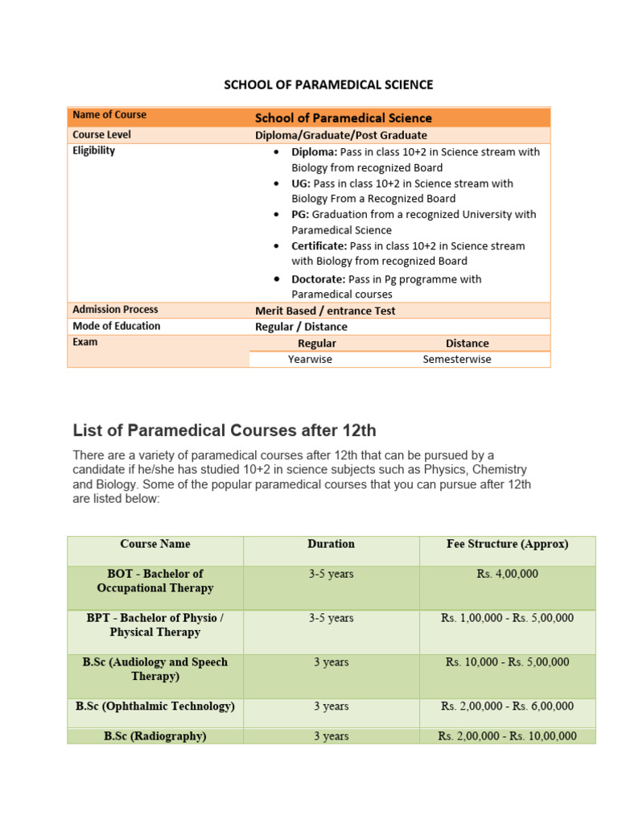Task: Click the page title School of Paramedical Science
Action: pyautogui.click(x=328, y=84)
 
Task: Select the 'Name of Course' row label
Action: pyautogui.click(x=109, y=115)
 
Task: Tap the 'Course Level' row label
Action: pyautogui.click(x=101, y=134)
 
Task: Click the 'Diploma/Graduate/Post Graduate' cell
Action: pyautogui.click(x=341, y=135)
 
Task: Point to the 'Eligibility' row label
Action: pyautogui.click(x=94, y=150)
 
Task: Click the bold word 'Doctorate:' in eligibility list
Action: pyautogui.click(x=318, y=279)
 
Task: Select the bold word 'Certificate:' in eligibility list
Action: pyautogui.click(x=319, y=245)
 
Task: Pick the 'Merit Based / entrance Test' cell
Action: pyautogui.click(x=325, y=311)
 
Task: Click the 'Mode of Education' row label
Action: pyautogui.click(x=117, y=326)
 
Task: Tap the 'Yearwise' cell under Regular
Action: pyautogui.click(x=310, y=360)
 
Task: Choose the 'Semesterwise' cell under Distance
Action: pyautogui.click(x=456, y=360)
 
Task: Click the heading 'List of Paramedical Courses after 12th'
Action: pyautogui.click(x=225, y=430)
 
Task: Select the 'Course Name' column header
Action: pyautogui.click(x=155, y=544)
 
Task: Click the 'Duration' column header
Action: pyautogui.click(x=331, y=544)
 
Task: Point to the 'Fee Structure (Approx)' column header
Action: pyautogui.click(x=507, y=544)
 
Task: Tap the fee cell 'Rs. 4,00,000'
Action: pyautogui.click(x=507, y=575)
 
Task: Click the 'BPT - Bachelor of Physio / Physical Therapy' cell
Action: pyautogui.click(x=155, y=625)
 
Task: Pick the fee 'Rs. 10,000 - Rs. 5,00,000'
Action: pyautogui.click(x=507, y=662)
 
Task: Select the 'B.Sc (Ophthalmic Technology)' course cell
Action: pyautogui.click(x=155, y=707)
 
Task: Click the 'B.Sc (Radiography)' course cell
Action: pyautogui.click(x=155, y=736)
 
